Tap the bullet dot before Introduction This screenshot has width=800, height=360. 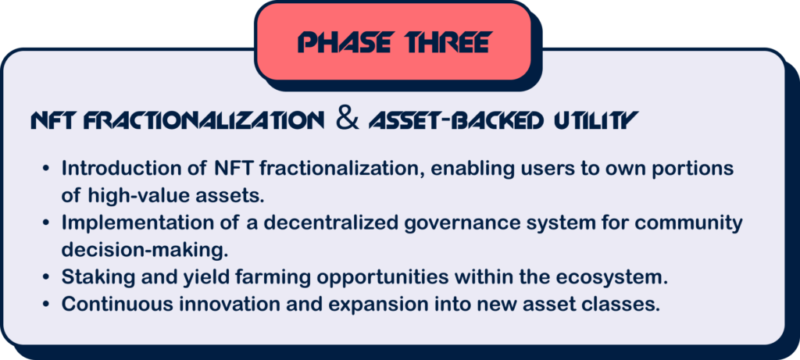pyautogui.click(x=47, y=169)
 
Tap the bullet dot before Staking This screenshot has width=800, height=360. pyautogui.click(x=47, y=277)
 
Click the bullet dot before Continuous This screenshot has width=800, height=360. pyautogui.click(x=47, y=305)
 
